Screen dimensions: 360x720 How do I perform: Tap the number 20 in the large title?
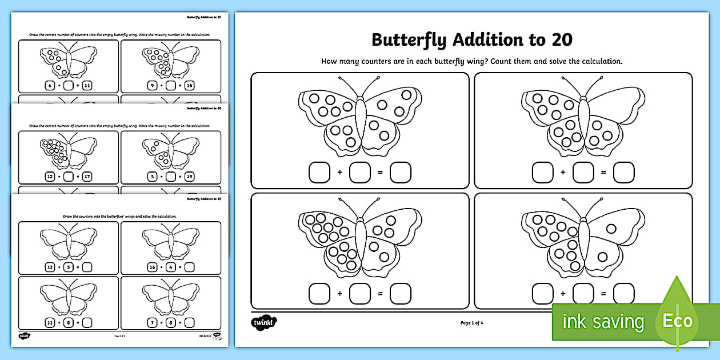(562, 40)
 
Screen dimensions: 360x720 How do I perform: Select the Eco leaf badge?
(677, 320)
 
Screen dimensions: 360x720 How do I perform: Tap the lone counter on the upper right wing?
(611, 229)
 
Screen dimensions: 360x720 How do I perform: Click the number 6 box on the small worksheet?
(49, 86)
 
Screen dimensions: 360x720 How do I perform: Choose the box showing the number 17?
(87, 177)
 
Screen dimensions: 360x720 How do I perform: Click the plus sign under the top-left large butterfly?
(339, 172)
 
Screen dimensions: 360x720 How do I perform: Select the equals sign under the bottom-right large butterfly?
(603, 294)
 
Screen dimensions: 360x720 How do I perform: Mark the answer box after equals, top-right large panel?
(623, 172)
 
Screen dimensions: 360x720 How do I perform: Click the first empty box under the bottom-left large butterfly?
(319, 294)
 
